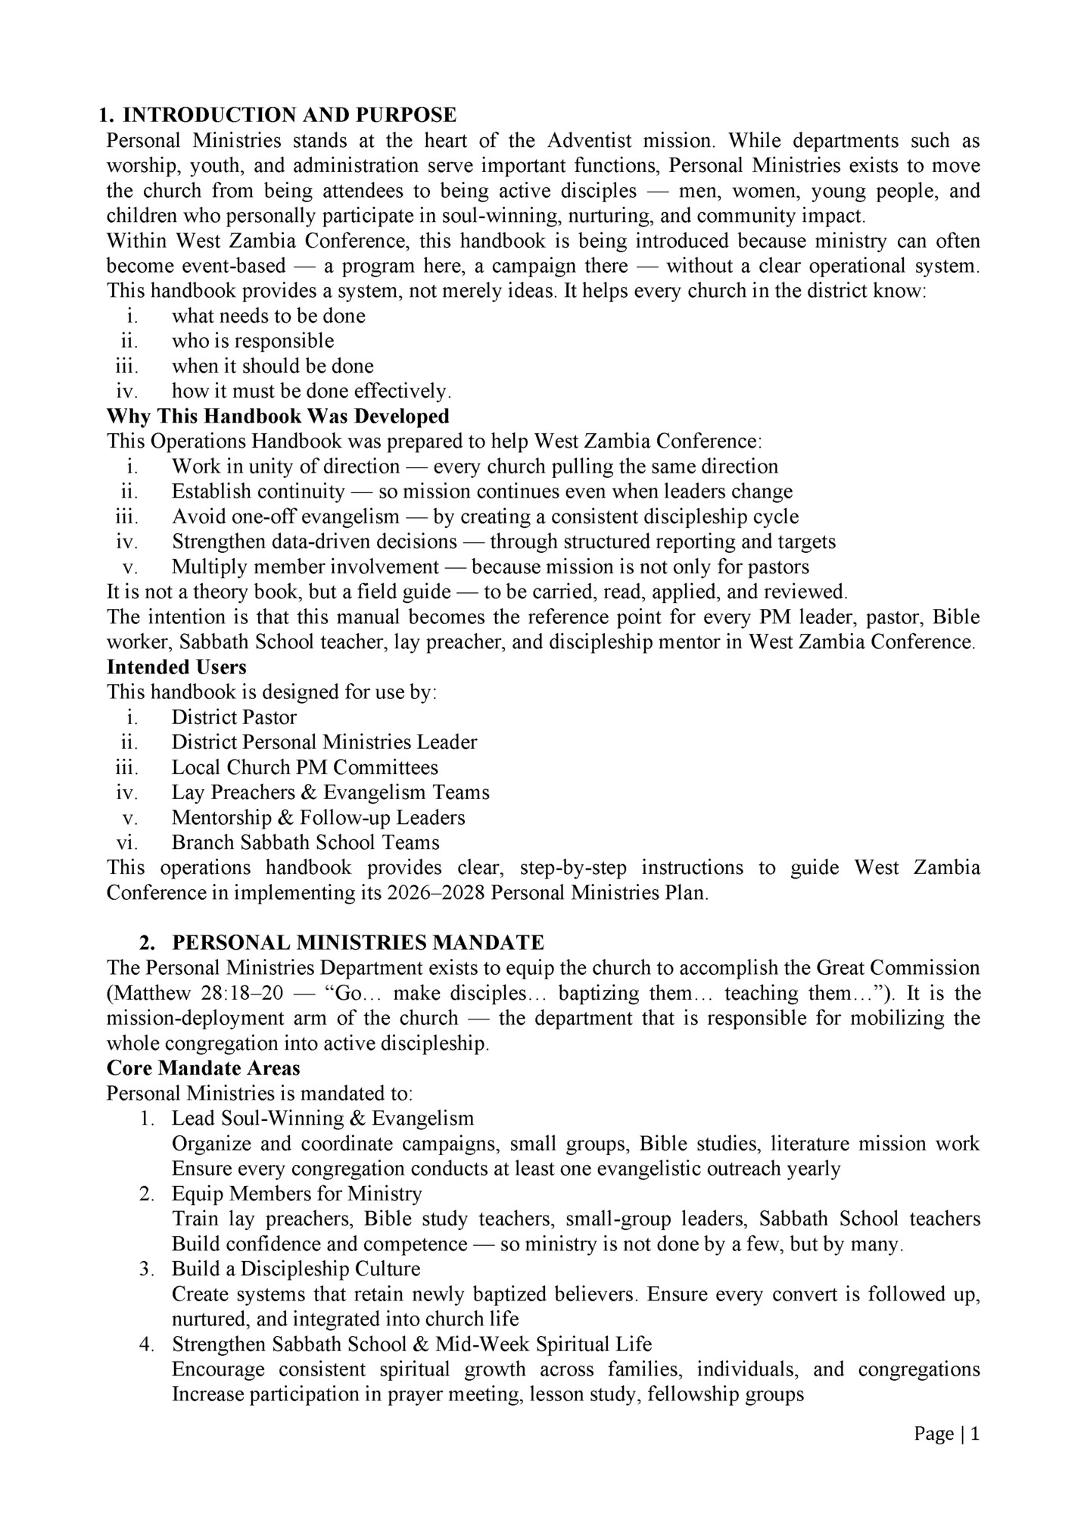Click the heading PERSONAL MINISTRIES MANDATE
[x=357, y=943]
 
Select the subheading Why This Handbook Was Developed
[x=278, y=417]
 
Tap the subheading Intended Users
[x=176, y=667]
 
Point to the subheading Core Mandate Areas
[x=203, y=1069]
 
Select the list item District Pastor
[x=234, y=717]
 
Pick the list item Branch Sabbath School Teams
[x=305, y=843]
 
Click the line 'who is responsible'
[x=253, y=341]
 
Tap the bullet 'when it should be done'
[x=273, y=367]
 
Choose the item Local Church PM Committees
[x=304, y=768]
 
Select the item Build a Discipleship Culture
[x=296, y=1269]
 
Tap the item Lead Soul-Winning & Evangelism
[x=322, y=1119]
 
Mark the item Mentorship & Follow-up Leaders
[x=318, y=818]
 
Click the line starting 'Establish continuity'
[x=482, y=492]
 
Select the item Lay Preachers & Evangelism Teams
[x=330, y=793]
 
